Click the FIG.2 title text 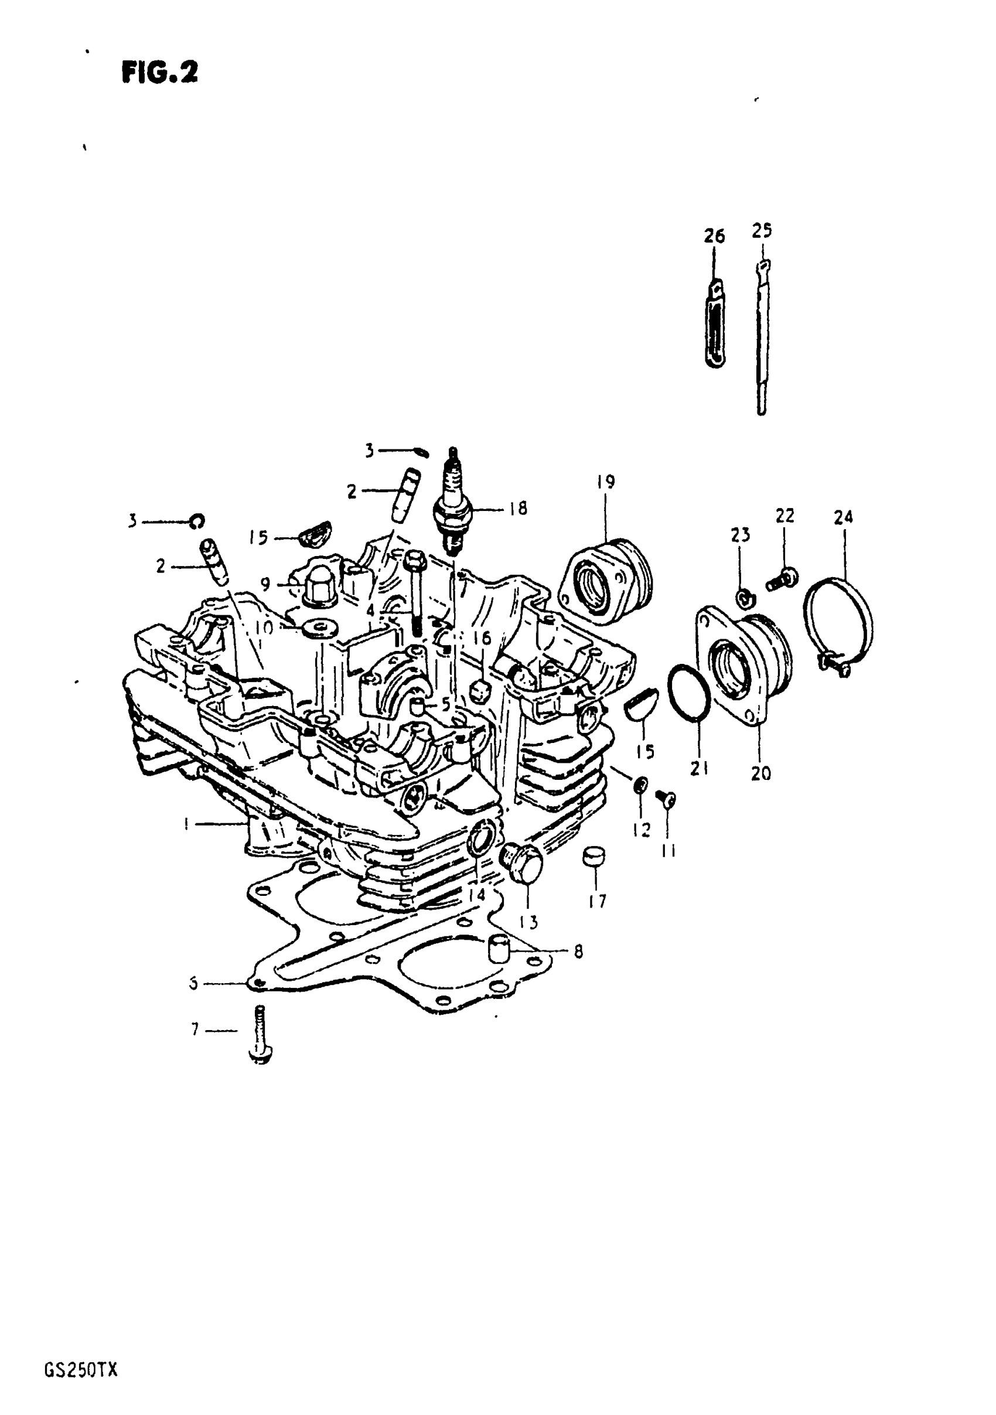[159, 73]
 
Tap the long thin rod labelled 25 [762, 336]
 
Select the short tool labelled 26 [715, 323]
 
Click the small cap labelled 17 [594, 857]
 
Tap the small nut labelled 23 [744, 596]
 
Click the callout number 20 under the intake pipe [760, 773]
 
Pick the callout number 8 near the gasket [578, 952]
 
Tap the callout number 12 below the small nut [641, 831]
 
